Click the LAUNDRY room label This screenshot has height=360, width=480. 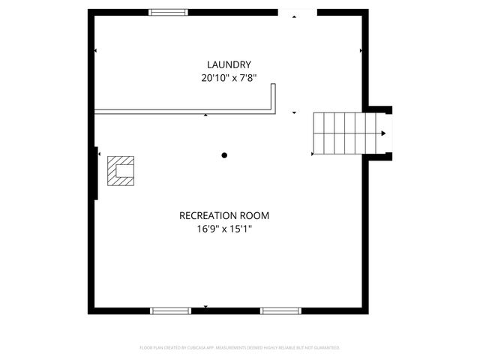(x=229, y=64)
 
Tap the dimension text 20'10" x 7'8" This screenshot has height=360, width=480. (x=229, y=77)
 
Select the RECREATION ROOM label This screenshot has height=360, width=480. (x=224, y=215)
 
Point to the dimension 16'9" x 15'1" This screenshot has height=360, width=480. (x=224, y=229)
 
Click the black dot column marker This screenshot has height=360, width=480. (x=224, y=155)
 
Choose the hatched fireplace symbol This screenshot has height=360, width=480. (x=121, y=170)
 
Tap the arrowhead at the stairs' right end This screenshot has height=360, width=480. (x=383, y=133)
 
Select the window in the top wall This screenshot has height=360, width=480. (x=168, y=12)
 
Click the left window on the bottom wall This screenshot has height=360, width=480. (x=171, y=310)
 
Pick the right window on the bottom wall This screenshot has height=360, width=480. (x=280, y=310)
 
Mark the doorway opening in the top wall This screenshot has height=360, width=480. (x=297, y=13)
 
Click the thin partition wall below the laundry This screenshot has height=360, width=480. (x=184, y=112)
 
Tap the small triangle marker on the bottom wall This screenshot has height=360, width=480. (x=206, y=307)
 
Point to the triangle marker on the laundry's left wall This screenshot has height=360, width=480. (x=96, y=51)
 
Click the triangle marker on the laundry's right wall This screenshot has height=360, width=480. (x=361, y=51)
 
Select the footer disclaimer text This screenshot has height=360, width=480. (x=240, y=348)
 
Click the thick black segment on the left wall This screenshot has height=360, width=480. (x=97, y=174)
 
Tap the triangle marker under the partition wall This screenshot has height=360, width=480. (x=206, y=115)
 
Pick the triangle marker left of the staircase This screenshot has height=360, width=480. (x=313, y=154)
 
